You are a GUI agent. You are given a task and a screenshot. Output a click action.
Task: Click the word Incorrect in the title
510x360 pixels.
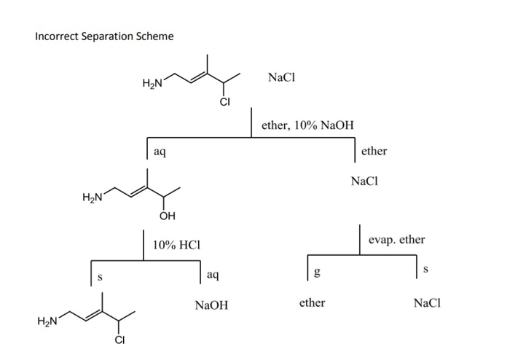pos(58,36)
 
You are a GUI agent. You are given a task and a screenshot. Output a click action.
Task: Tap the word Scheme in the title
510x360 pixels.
pos(154,36)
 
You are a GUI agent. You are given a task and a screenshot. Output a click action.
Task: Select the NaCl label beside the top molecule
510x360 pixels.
pos(281,77)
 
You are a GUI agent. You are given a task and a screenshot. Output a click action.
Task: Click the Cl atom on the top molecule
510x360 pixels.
pos(224,102)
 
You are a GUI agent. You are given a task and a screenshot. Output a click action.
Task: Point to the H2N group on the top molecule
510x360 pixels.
pos(152,84)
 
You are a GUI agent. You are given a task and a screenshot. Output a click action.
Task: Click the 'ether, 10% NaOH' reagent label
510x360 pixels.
pos(307,125)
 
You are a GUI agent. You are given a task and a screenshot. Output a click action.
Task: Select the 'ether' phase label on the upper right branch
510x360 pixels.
pos(374,151)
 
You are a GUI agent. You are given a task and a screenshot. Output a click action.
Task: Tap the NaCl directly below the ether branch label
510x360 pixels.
pos(365,181)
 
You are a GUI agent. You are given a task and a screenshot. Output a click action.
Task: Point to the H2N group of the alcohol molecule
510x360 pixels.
pos(93,196)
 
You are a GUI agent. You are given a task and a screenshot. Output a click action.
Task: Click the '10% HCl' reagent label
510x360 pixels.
pos(176,245)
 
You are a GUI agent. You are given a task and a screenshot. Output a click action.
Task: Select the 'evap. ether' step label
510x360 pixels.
pos(396,240)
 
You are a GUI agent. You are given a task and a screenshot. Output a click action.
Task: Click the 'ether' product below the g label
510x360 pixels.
pos(312,302)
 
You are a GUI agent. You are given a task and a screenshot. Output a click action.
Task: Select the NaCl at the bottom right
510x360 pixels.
pos(427,302)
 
